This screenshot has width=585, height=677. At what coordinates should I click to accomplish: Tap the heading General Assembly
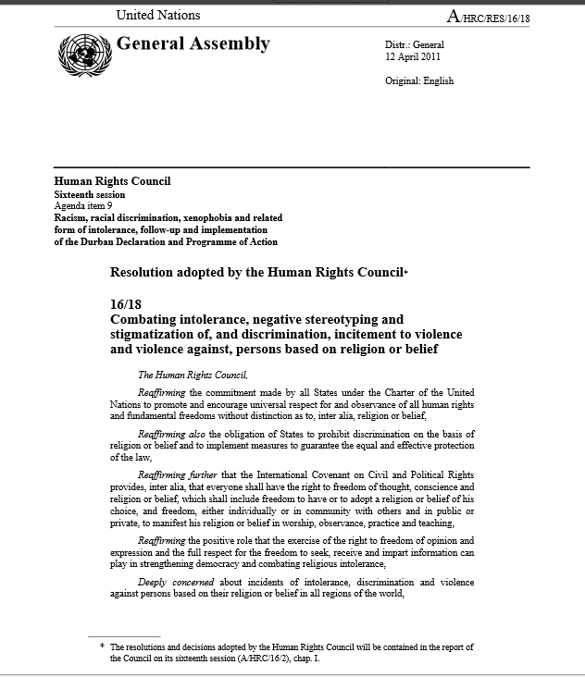193,43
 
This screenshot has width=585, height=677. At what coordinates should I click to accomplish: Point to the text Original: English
419,81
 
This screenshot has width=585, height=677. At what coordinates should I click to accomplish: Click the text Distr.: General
415,45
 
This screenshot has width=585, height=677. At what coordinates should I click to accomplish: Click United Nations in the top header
157,15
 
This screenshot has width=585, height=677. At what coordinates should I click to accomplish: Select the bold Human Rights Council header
112,181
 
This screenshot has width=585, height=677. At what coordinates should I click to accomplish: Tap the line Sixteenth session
90,195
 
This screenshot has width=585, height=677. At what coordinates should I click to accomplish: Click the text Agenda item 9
84,206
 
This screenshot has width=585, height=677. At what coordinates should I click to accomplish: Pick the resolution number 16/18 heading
125,303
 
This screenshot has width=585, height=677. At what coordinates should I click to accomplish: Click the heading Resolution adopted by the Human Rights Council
257,273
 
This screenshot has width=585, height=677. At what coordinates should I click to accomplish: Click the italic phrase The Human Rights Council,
193,375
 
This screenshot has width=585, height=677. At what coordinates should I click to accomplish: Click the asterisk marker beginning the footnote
103,647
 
